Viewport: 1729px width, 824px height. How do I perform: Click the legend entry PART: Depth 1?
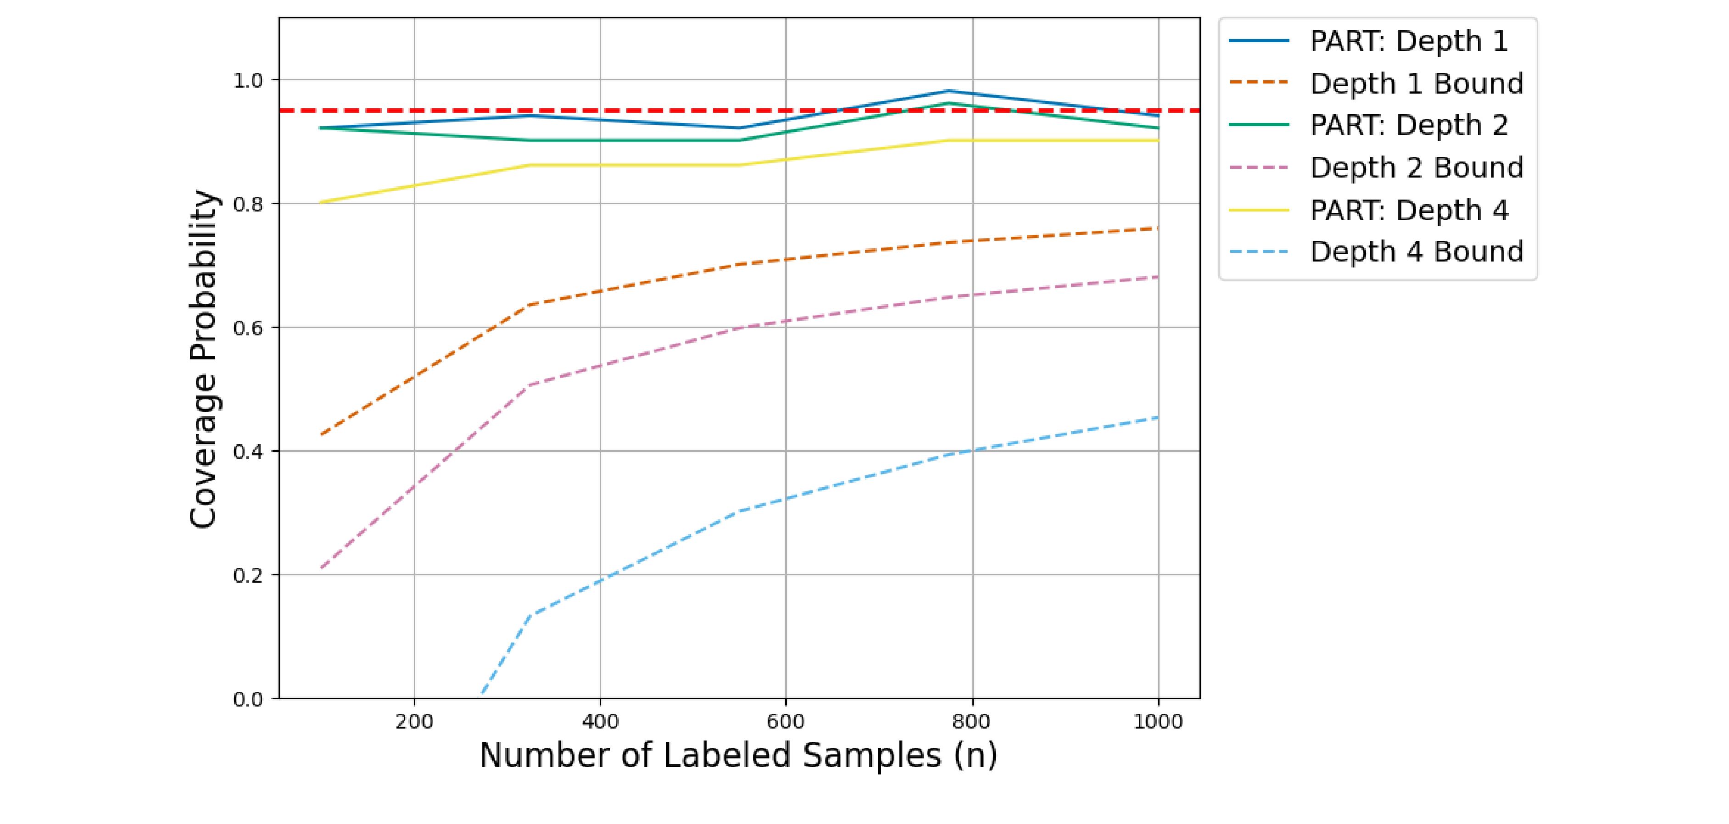click(x=1408, y=42)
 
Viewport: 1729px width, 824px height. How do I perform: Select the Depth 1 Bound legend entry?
click(x=1416, y=84)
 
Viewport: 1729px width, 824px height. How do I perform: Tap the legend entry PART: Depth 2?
click(x=1408, y=125)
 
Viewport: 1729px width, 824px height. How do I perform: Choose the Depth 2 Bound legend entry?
click(x=1416, y=168)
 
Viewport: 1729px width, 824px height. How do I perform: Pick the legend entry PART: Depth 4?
click(x=1408, y=210)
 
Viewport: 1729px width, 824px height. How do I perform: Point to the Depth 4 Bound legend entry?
click(x=1416, y=252)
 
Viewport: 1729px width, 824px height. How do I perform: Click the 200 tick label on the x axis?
click(x=414, y=722)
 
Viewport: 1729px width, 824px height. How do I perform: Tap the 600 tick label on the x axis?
click(x=785, y=722)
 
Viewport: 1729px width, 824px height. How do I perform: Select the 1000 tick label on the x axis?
click(x=1158, y=722)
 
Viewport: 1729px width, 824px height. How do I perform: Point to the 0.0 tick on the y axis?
click(x=248, y=699)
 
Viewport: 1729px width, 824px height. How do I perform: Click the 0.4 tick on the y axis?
click(x=248, y=451)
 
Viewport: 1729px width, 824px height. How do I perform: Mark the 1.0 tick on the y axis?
click(x=248, y=81)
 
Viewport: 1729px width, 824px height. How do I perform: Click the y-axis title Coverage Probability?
click(x=203, y=359)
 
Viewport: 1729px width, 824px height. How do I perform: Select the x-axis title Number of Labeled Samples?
click(x=738, y=756)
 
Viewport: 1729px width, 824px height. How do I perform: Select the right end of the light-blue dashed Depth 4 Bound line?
click(x=1158, y=418)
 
